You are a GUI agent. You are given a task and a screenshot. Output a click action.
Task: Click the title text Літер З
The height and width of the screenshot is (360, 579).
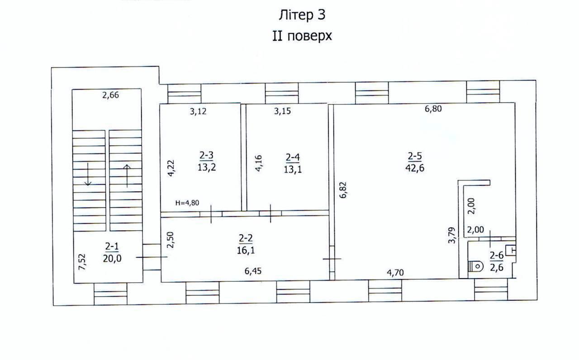[302, 15]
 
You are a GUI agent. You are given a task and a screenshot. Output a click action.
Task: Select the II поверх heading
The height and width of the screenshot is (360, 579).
[302, 36]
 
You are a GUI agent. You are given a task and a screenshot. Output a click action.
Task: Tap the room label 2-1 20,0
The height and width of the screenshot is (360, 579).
[112, 252]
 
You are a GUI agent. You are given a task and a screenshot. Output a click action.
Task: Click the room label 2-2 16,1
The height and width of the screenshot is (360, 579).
[246, 244]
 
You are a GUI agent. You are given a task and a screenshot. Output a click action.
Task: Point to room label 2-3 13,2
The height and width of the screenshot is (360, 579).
[207, 161]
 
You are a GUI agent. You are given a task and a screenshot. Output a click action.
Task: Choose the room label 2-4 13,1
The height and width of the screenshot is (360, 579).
[293, 163]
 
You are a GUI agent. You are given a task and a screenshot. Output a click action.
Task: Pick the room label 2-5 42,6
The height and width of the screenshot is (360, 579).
[415, 162]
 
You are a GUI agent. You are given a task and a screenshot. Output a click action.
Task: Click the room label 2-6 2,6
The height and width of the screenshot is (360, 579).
[497, 261]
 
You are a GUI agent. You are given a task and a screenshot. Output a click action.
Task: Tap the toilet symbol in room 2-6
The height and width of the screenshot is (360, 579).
[476, 266]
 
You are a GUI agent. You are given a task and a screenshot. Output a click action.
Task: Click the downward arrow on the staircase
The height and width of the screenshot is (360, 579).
[88, 174]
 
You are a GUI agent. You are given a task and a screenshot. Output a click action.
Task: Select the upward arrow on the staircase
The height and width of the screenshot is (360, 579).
[127, 176]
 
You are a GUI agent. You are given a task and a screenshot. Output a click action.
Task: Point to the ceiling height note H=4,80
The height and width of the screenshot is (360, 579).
[187, 203]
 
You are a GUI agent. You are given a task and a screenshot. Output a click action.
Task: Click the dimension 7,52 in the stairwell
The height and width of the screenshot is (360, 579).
[82, 262]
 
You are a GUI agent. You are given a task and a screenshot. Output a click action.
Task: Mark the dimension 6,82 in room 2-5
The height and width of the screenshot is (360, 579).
[343, 190]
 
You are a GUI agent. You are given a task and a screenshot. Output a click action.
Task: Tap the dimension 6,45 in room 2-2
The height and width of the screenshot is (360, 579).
[253, 271]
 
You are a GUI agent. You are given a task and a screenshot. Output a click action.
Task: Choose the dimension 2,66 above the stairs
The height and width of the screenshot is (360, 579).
[110, 95]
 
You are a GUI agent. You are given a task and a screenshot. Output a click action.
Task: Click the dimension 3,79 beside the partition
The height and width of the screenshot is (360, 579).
[451, 235]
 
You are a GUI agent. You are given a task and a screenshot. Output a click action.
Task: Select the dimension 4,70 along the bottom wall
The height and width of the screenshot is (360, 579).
[395, 273]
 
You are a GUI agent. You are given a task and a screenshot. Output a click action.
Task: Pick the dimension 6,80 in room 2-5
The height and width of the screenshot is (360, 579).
[433, 109]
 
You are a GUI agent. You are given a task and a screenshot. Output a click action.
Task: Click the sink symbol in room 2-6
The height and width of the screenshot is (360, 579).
[511, 251]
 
